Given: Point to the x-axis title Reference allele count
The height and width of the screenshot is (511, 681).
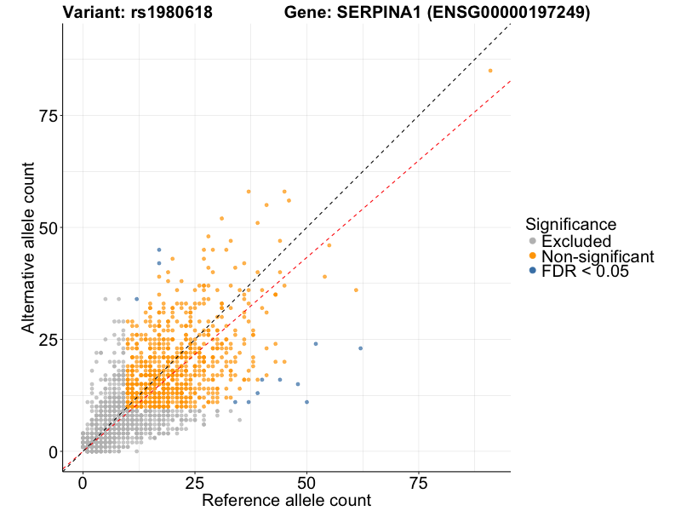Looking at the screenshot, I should pyautogui.click(x=286, y=500).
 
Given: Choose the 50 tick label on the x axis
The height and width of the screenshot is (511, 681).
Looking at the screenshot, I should pyautogui.click(x=306, y=483).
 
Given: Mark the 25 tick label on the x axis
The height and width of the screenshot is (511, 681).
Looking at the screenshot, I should pyautogui.click(x=195, y=483).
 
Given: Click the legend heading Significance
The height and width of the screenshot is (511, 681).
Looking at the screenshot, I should pyautogui.click(x=570, y=225).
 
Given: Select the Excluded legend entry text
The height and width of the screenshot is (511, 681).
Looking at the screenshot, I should pyautogui.click(x=576, y=241).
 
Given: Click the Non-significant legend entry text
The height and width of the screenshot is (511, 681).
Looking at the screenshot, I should pyautogui.click(x=598, y=256).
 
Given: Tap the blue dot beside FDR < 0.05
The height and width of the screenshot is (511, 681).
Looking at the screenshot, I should pyautogui.click(x=533, y=271).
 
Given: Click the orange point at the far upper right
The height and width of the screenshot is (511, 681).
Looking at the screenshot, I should pyautogui.click(x=490, y=71).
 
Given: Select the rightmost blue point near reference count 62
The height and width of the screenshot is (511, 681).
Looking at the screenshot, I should pyautogui.click(x=360, y=348).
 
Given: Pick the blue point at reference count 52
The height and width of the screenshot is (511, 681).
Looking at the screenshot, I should pyautogui.click(x=316, y=344).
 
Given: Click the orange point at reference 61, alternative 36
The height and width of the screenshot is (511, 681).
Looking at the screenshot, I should pyautogui.click(x=356, y=290).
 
